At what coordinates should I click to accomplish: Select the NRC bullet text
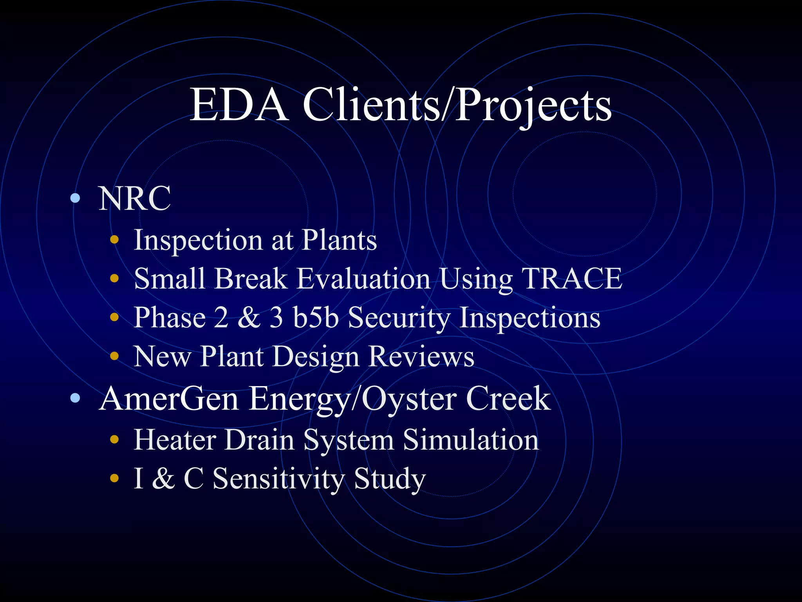click(x=134, y=198)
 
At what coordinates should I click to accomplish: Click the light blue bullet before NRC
click(x=75, y=198)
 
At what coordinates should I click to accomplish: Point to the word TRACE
click(x=572, y=279)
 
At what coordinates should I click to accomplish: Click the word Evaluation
click(x=363, y=279)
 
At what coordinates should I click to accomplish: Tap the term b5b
click(x=316, y=317)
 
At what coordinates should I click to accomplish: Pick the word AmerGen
click(x=169, y=399)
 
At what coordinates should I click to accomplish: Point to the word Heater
click(x=175, y=440)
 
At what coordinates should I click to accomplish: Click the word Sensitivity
click(x=278, y=479)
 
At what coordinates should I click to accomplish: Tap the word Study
click(x=389, y=479)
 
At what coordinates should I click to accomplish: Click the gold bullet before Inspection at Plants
click(x=114, y=240)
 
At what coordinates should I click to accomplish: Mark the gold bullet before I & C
click(x=114, y=478)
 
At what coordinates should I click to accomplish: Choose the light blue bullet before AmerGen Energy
click(x=75, y=399)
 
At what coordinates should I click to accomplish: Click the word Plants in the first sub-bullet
click(x=339, y=240)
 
